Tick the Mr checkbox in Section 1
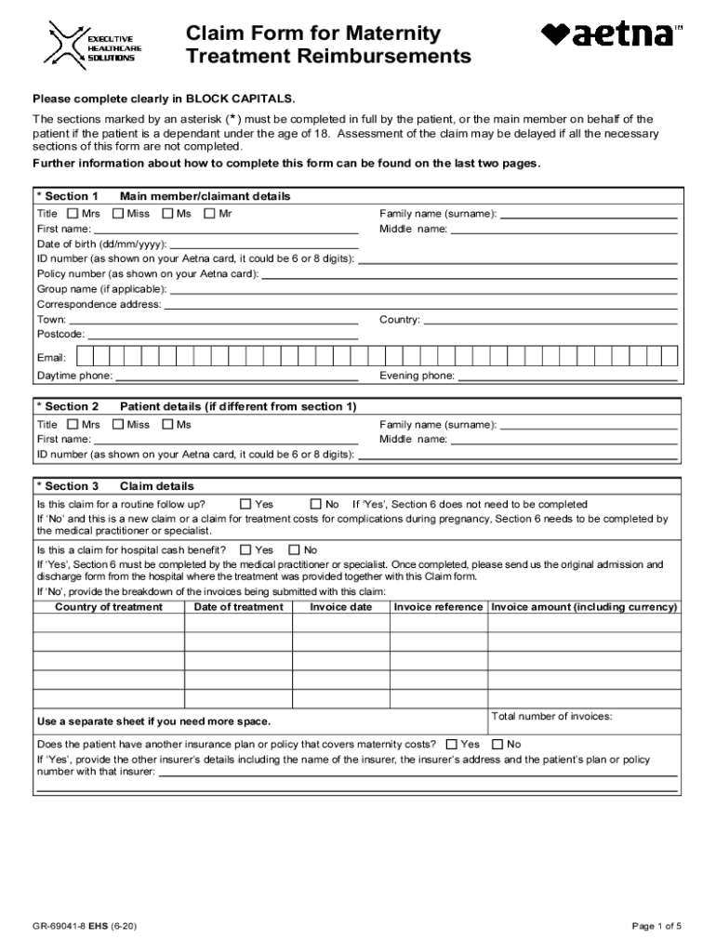pos(209,214)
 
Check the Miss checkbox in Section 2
pos(118,425)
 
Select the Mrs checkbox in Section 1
pos(73,214)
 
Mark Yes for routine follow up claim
pos(245,505)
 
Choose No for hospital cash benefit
pos(295,549)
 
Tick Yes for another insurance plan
pos(452,744)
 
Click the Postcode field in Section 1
pos(222,334)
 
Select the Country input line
pos(550,320)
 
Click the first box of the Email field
pos(85,357)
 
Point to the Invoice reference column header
pos(438,607)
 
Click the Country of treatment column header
pos(109,607)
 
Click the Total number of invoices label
pos(551,716)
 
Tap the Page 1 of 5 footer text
pos(656,926)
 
